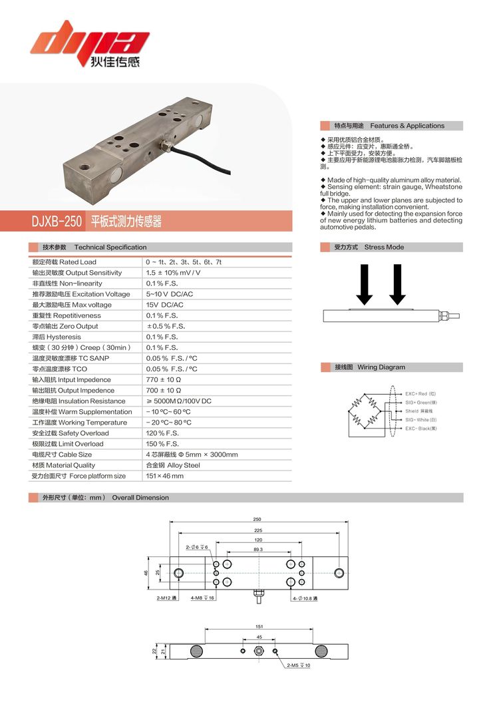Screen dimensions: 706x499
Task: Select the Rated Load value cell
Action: pyautogui.click(x=184, y=262)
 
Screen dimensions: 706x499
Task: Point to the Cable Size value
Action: pyautogui.click(x=192, y=454)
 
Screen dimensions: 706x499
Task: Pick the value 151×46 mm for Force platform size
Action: pyautogui.click(x=164, y=476)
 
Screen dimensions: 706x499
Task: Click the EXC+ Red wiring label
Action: pyautogui.click(x=420, y=394)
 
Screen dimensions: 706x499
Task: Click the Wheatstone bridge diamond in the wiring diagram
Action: pyautogui.click(x=367, y=411)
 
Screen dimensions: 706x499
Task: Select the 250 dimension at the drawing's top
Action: pyautogui.click(x=257, y=519)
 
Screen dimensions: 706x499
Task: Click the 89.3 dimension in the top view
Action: pyautogui.click(x=258, y=550)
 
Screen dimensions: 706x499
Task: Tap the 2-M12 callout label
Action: pyautogui.click(x=166, y=598)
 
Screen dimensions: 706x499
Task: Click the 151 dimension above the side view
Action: pyautogui.click(x=259, y=626)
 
